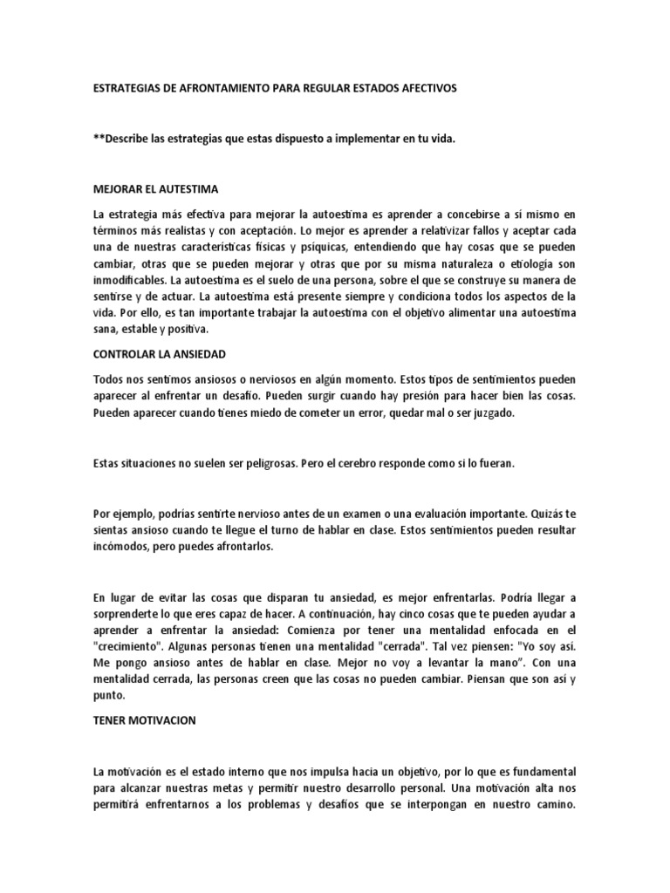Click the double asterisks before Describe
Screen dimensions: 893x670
[x=96, y=139]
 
